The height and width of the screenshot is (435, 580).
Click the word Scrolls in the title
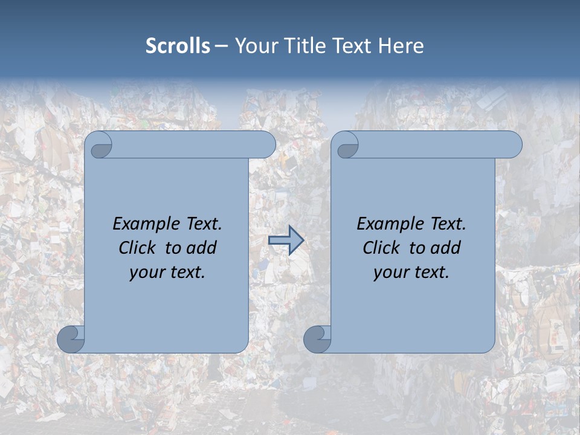178,46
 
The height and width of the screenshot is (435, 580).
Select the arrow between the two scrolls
286,240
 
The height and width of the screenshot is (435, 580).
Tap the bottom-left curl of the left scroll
71,339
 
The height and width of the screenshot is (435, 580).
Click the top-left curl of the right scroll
346,146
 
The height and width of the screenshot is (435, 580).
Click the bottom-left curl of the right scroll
317,339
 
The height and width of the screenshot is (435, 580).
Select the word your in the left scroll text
146,272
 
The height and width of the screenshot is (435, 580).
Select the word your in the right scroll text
390,272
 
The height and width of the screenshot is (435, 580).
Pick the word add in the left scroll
202,248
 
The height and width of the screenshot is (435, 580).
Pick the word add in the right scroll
446,248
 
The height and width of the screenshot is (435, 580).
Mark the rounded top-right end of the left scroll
266,145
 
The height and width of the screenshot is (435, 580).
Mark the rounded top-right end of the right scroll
512,145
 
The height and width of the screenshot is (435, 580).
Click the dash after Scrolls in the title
221,47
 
